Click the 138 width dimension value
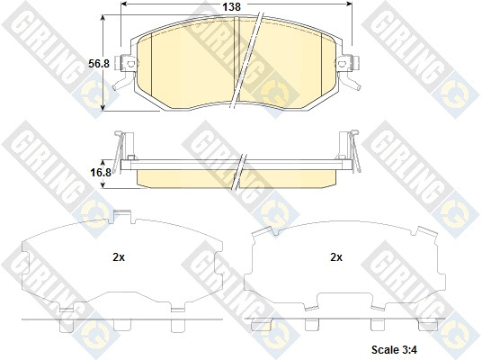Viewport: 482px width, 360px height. point(231,7)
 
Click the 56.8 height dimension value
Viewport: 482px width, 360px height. point(99,64)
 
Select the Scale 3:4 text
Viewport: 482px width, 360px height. point(395,349)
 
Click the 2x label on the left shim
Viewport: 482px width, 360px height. point(119,257)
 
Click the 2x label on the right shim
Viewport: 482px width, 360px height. point(336,257)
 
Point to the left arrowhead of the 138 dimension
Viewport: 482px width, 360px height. point(124,4)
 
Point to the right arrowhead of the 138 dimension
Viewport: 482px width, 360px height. point(349,4)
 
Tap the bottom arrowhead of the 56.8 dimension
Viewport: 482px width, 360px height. point(103,107)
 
